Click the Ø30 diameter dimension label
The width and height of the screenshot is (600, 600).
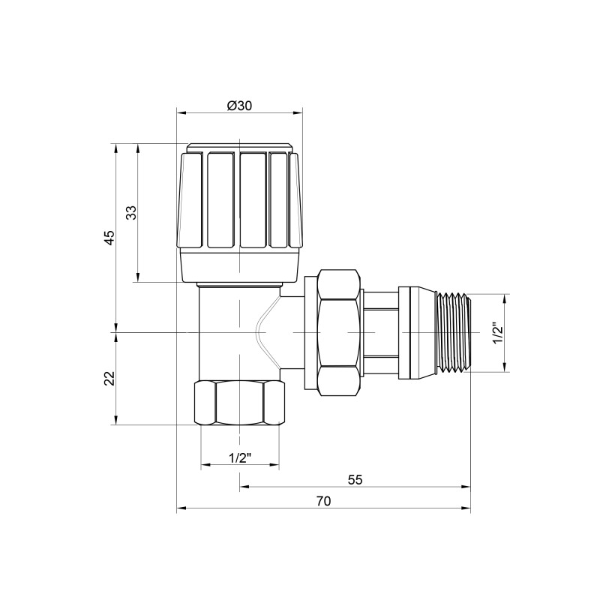tap(239, 106)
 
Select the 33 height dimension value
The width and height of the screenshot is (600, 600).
tap(130, 212)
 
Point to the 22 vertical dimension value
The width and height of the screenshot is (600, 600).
tap(109, 379)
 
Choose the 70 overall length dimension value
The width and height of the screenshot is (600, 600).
tap(323, 502)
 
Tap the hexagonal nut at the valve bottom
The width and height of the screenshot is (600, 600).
tap(239, 404)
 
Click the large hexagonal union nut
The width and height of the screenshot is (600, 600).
tap(337, 331)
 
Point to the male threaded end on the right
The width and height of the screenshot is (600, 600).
tap(452, 331)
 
